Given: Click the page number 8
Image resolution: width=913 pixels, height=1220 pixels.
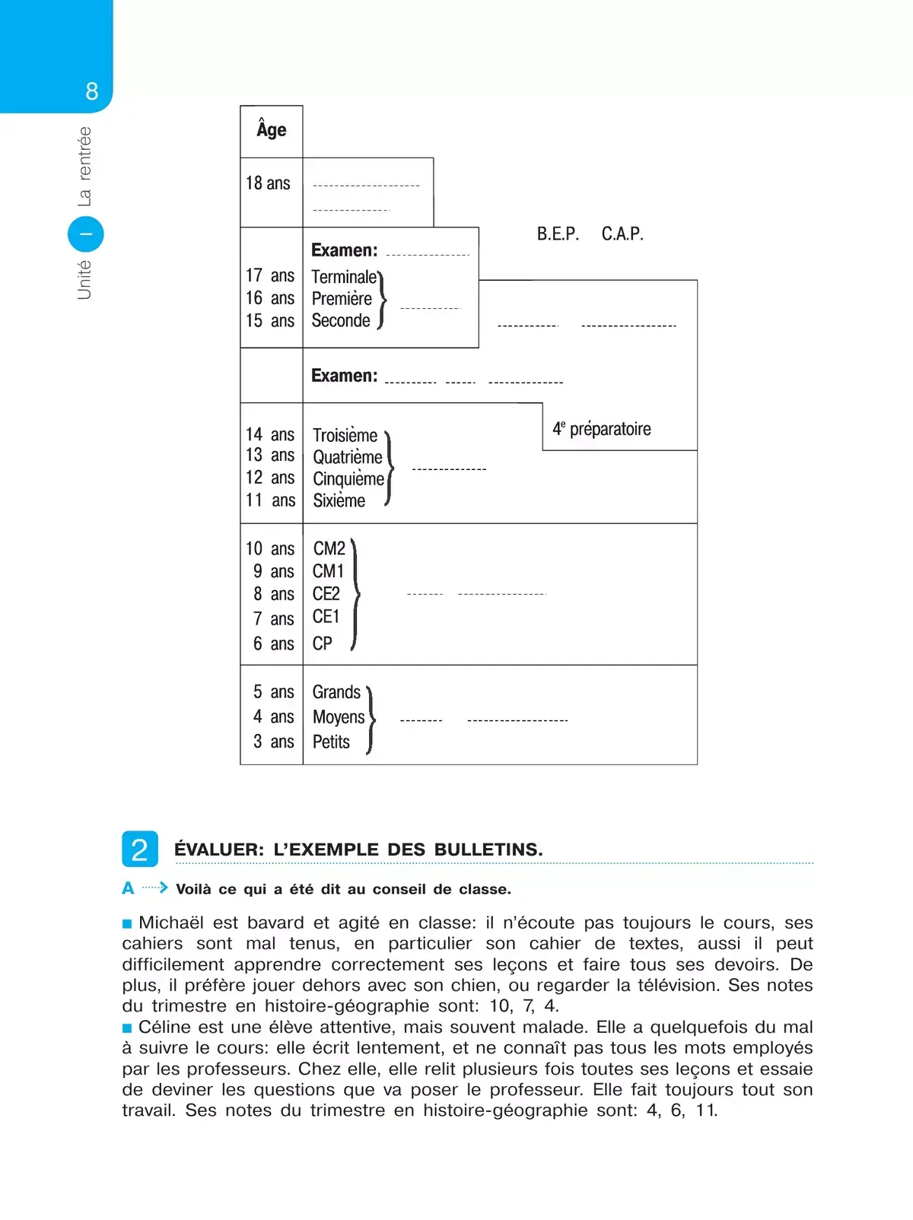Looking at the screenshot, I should coord(92,92).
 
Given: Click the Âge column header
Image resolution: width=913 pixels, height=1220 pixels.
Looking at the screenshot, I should coord(272,130).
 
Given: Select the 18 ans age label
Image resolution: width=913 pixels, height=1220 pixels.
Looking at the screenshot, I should coord(268,183).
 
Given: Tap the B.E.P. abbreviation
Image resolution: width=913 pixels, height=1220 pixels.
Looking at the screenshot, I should coord(558,234).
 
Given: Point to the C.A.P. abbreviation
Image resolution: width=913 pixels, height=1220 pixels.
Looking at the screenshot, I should coord(622,234).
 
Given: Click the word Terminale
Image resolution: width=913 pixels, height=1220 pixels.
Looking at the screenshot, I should coord(344,277).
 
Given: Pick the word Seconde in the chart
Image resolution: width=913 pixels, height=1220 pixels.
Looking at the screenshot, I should coord(341,321).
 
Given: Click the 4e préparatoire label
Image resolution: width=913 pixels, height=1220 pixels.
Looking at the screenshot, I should coord(602,429).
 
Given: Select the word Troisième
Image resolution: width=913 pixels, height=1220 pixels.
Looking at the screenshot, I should coord(345,435).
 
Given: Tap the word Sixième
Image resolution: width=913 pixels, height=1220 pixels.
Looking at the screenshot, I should coord(339,500).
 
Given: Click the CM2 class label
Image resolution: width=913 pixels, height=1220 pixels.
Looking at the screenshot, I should coord(329,548).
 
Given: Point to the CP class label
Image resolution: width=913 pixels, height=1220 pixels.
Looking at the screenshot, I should coord(323,643).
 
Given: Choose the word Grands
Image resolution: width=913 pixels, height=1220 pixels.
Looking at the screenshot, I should coord(336,692).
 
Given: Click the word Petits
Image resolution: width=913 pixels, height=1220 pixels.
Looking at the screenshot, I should coord(331,742).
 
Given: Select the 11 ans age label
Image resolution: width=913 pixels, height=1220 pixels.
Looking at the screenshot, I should coord(270,500).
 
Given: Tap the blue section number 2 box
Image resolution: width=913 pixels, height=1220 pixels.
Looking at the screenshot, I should coord(140,849).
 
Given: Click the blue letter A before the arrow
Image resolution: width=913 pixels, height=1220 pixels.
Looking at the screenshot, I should coord(128,888).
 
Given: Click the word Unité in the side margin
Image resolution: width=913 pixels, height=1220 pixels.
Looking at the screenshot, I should coord(84,279).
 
